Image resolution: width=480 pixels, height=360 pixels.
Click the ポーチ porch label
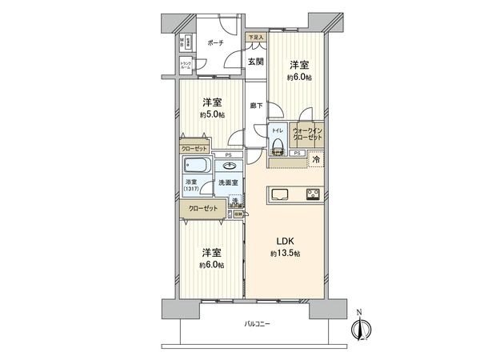coord(215,43)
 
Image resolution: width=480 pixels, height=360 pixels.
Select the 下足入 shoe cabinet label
coord(254,38)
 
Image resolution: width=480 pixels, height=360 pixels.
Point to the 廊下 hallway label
coord(255,104)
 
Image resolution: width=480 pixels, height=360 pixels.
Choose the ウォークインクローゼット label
coord(307,134)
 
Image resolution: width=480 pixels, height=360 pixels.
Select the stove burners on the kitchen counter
coord(312,194)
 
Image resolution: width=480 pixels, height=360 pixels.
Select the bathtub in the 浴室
coord(197,167)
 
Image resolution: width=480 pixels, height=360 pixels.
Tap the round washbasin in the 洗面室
coord(230,166)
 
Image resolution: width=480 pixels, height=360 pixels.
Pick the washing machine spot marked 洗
coord(236,201)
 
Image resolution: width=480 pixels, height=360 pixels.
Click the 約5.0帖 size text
coord(211,114)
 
